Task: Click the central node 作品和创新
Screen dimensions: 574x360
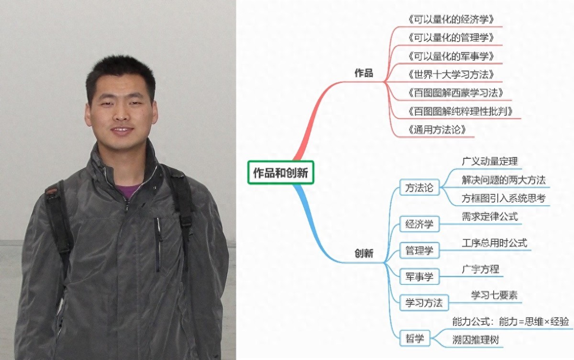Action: [x=281, y=172]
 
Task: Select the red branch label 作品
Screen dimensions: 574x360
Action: [x=364, y=73]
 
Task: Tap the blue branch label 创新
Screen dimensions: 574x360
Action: [x=364, y=253]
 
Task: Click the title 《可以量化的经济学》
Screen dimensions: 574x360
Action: [x=451, y=20]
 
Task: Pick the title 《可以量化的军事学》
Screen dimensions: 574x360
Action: [x=451, y=56]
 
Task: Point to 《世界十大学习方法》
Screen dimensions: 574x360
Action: [x=451, y=75]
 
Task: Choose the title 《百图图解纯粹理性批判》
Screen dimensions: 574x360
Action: [x=460, y=112]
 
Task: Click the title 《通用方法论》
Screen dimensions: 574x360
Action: [x=437, y=130]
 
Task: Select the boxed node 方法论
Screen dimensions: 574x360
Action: [x=419, y=188]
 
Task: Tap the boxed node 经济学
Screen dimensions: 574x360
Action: [x=419, y=224]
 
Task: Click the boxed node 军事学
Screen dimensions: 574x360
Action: [x=419, y=276]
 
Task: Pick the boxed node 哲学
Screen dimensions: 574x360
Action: [x=415, y=338]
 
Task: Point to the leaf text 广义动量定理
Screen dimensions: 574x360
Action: [x=490, y=161]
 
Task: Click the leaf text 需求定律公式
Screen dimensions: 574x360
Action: [x=490, y=217]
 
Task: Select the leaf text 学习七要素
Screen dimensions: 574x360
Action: [x=494, y=295]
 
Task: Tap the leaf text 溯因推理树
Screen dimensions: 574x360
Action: [x=475, y=340]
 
